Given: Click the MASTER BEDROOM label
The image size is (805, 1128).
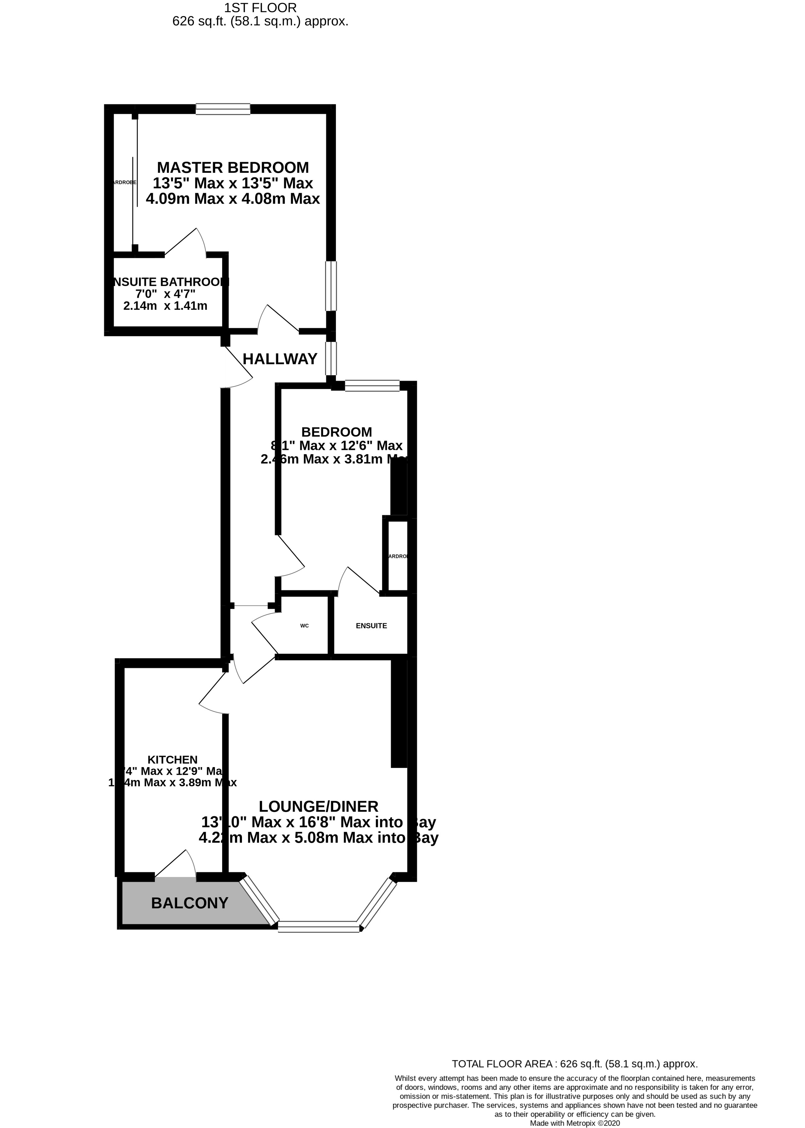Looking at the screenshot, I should (233, 167).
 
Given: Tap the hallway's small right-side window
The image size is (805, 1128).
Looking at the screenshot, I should (331, 358).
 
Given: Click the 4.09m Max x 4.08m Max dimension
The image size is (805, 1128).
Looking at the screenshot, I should (233, 199).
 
